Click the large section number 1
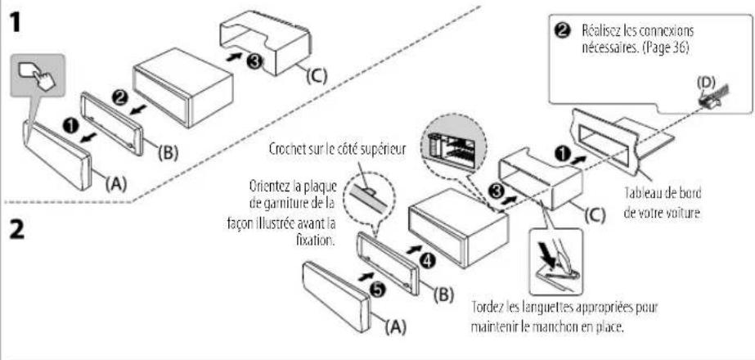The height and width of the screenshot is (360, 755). click(x=16, y=22)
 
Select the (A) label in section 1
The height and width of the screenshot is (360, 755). click(x=115, y=183)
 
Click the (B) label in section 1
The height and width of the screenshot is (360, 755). click(x=168, y=153)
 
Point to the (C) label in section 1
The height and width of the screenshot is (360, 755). click(x=317, y=75)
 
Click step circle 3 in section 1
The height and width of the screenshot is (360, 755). click(x=254, y=61)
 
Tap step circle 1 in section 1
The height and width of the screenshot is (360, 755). click(x=71, y=125)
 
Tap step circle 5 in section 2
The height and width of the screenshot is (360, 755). click(x=380, y=289)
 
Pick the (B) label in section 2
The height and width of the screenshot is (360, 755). click(x=443, y=295)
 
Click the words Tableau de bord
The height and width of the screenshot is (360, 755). click(x=663, y=193)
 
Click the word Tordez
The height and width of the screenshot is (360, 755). click(x=487, y=308)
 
